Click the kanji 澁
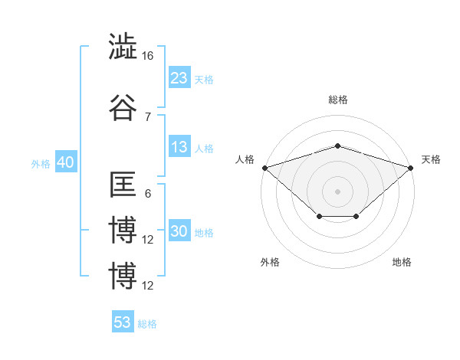[123, 47]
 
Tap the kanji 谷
[123, 107]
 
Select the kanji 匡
[123, 185]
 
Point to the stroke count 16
[149, 56]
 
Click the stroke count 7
[147, 116]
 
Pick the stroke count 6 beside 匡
[147, 194]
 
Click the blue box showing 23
[179, 78]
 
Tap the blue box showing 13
[179, 147]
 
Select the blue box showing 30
[179, 231]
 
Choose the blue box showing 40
[65, 163]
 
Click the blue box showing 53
[123, 322]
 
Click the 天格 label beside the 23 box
[204, 79]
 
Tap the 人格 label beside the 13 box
[204, 148]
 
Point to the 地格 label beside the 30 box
[204, 232]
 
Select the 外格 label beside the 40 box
[41, 164]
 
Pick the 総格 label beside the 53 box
[147, 323]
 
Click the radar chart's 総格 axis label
[337, 100]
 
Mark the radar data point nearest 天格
[412, 167]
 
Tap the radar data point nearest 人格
[264, 167]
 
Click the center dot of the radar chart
[337, 191]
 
